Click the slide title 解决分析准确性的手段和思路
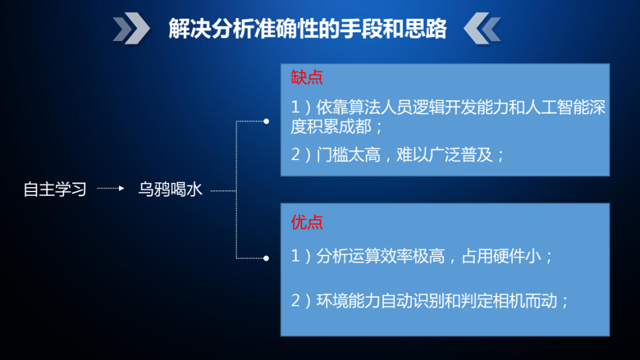[x=308, y=28]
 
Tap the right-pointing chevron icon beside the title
[x=132, y=28]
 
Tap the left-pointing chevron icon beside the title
[x=482, y=28]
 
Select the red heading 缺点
[x=307, y=77]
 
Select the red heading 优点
[x=307, y=222]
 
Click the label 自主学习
[x=55, y=189]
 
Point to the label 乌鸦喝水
[x=170, y=189]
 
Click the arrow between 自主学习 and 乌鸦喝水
[x=110, y=188]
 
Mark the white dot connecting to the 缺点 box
[x=266, y=121]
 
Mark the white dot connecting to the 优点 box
[x=266, y=259]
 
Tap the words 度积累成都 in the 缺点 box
[x=331, y=126]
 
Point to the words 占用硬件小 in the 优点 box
[x=502, y=256]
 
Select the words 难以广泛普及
[x=444, y=155]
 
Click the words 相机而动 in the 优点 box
[x=525, y=301]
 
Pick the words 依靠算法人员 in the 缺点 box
[x=364, y=108]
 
